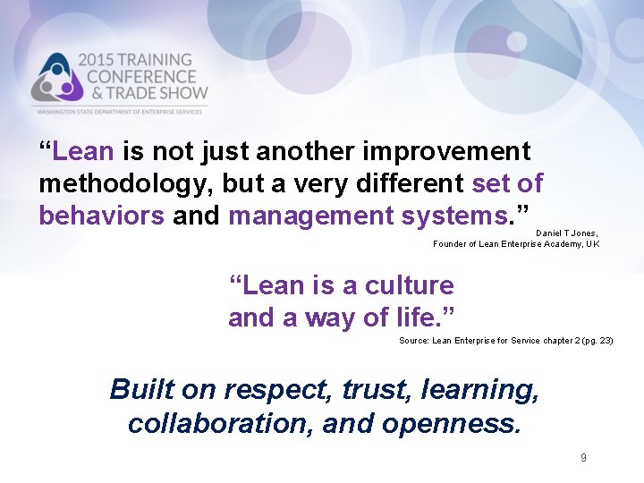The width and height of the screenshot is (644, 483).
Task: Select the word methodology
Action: click(119, 184)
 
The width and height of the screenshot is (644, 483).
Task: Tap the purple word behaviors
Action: click(101, 216)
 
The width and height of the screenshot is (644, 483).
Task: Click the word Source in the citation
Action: click(413, 341)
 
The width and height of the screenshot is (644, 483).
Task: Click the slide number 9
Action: click(583, 458)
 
